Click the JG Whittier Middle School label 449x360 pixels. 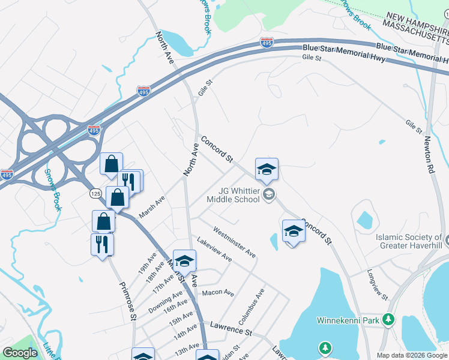tap(233, 195)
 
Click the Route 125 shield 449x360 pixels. tap(95, 193)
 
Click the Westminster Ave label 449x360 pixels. tap(234, 243)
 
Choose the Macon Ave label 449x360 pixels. tap(218, 293)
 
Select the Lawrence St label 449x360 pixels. tap(231, 329)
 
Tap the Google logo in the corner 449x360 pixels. tap(20, 353)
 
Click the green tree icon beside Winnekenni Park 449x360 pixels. tap(389, 319)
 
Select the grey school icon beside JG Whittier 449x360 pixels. tap(269, 193)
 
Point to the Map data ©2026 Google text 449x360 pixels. tap(412, 355)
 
